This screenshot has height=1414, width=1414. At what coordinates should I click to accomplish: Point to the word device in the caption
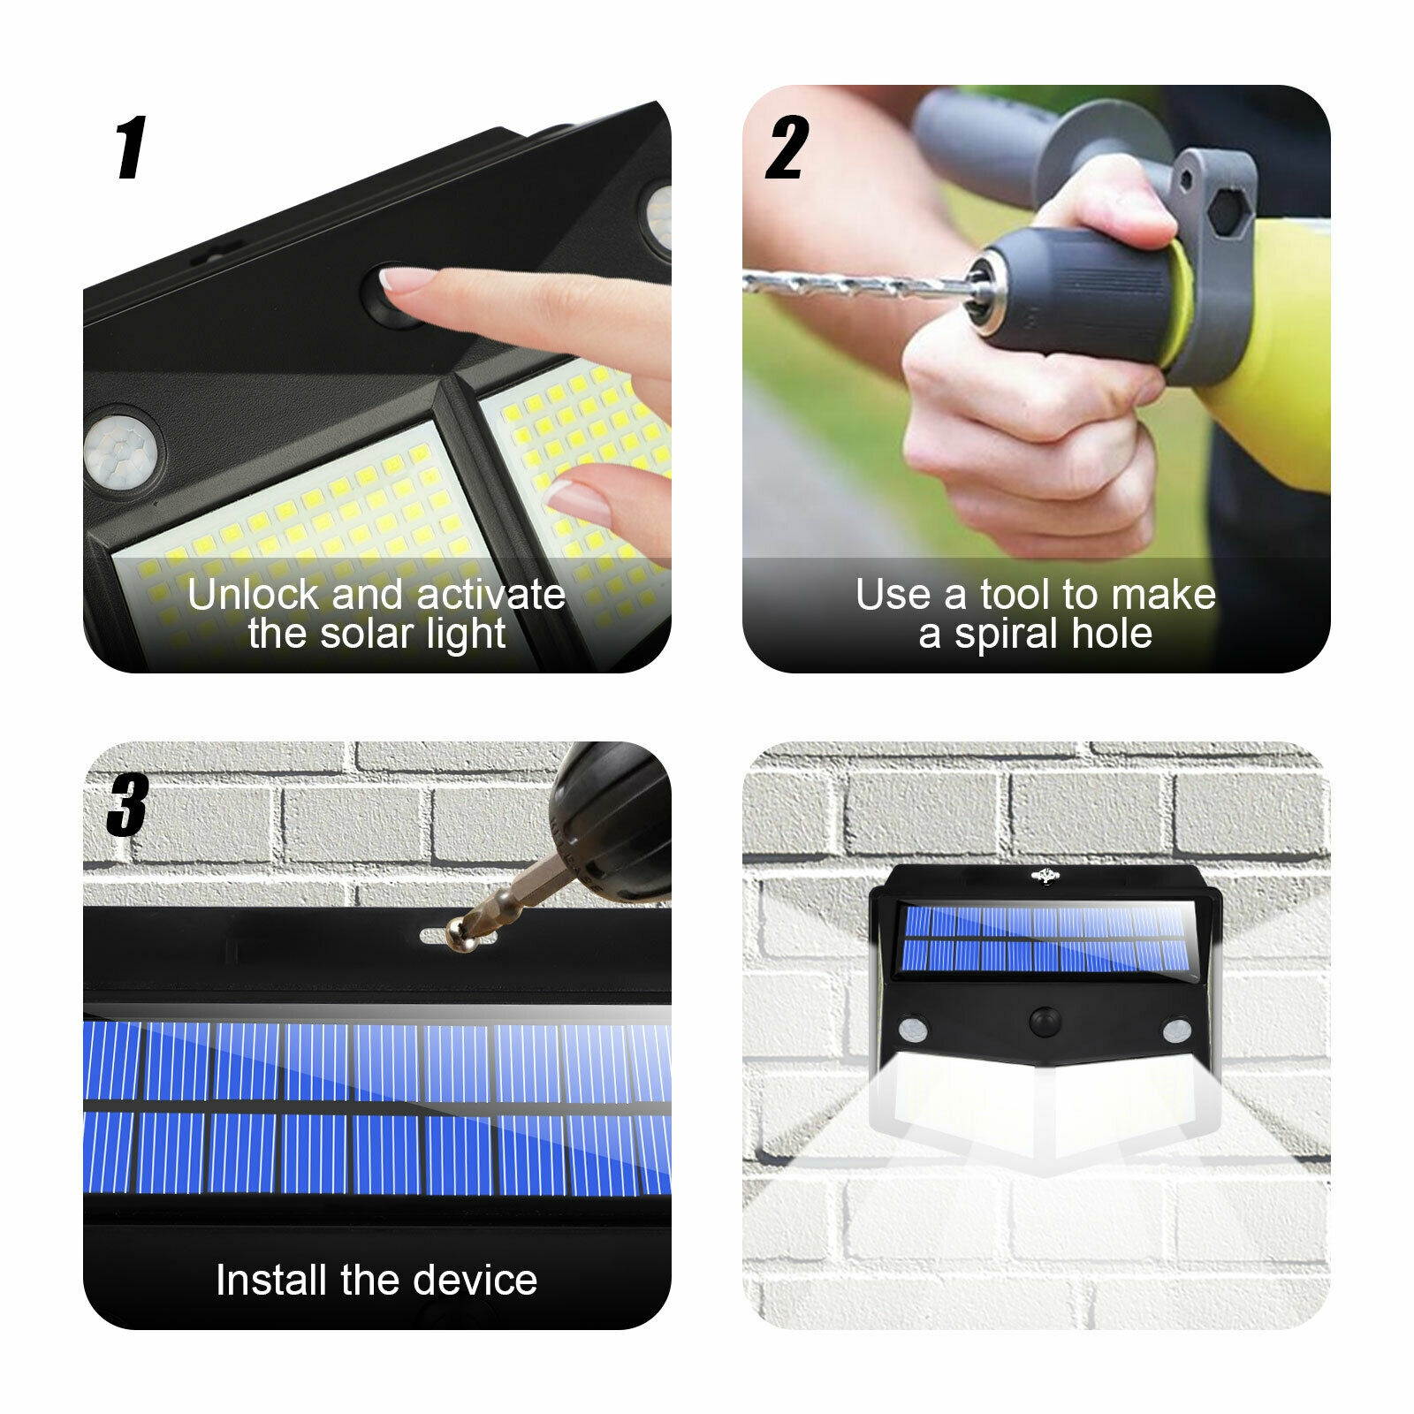pos(474,1280)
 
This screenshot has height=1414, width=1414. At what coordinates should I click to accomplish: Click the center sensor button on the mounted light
pos(1045,1022)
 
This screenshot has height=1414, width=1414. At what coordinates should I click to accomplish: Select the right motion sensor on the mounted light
pos(1175,1030)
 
